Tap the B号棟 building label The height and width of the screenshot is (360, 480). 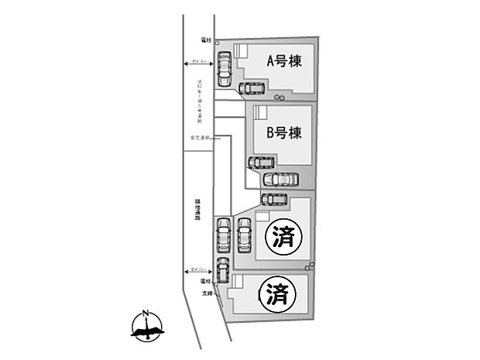coord(283,132)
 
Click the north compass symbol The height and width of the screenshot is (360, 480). coord(145,327)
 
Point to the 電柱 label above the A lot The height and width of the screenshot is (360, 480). coord(207,37)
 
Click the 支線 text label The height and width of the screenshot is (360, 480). coord(206,293)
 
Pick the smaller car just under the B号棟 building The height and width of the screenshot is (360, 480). coord(261,163)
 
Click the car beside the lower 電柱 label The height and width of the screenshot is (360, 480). coord(223,271)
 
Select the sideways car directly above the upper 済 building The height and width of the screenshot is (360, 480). coord(274,199)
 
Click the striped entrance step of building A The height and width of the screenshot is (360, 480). coord(239,50)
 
